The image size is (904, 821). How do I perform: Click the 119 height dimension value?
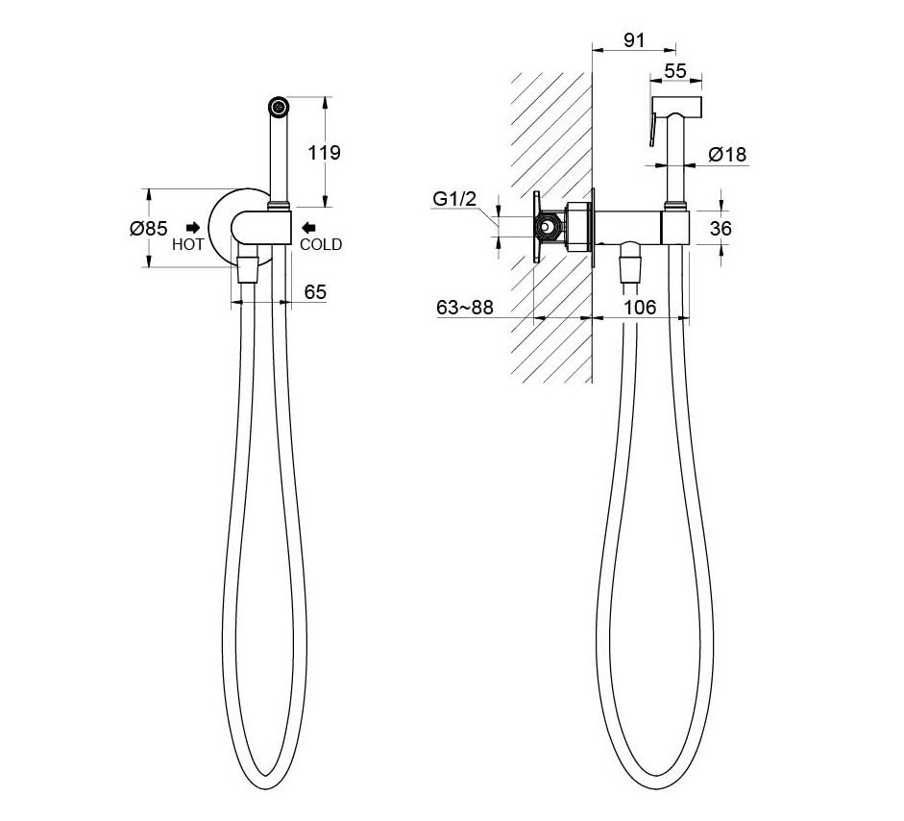[324, 153]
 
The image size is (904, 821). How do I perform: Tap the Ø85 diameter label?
[149, 228]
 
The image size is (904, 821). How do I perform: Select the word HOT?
[187, 244]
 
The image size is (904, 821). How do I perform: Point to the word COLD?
[321, 244]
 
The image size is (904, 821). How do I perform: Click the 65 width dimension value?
[315, 292]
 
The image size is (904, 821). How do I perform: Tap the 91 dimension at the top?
[634, 40]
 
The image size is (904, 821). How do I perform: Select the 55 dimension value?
[675, 70]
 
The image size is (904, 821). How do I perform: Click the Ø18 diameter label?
[727, 155]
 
